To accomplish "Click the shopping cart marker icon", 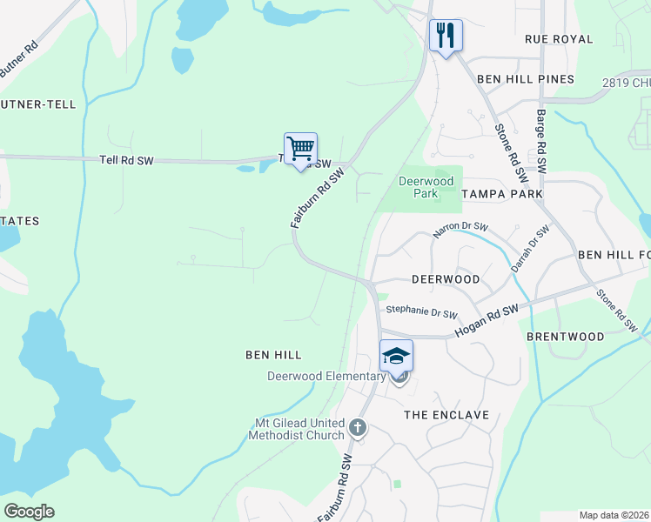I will point(300,149).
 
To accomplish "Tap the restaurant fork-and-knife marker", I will point(445,36).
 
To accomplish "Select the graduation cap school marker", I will point(396,356).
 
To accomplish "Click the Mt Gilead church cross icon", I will point(358,427).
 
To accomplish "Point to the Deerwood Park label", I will point(426,187).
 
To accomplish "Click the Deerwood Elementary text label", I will point(326,376).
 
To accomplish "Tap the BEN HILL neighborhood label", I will point(273,355).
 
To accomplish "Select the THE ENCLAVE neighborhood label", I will point(446,415).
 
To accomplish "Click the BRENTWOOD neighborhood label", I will point(566,336).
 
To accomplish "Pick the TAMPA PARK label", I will point(502,193).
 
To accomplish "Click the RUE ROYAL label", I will point(559,39).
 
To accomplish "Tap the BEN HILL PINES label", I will point(526,79).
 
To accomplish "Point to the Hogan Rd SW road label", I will point(486,321).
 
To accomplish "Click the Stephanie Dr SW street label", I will point(421,309).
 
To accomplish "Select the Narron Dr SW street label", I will point(460,231).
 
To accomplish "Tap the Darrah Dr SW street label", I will point(530,249).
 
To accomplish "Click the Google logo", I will point(29,512).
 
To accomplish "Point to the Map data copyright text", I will point(614,515).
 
